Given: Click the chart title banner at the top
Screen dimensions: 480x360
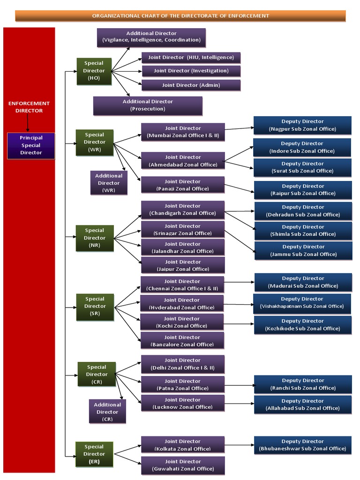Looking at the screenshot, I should click(180, 16).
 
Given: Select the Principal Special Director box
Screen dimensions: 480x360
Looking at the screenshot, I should click(31, 145).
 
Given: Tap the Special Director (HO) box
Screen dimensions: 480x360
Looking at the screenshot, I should click(94, 71).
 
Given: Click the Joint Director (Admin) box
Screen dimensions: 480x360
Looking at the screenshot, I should click(191, 85).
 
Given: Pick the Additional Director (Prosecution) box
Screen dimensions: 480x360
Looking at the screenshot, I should click(148, 105).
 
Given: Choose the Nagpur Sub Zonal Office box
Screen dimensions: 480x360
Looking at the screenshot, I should click(302, 125).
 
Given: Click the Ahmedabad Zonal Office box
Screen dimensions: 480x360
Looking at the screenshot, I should click(183, 161).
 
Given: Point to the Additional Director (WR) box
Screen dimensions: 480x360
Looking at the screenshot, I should click(109, 183).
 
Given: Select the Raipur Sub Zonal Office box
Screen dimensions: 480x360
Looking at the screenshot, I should click(303, 190).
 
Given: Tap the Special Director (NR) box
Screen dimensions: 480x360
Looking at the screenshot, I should click(95, 238).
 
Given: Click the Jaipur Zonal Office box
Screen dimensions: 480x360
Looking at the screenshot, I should click(183, 265).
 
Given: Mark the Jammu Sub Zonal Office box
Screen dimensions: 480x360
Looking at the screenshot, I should click(303, 250).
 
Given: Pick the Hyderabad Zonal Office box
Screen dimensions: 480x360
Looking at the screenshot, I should click(182, 304).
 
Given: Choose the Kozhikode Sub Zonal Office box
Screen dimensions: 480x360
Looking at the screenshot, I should click(303, 325).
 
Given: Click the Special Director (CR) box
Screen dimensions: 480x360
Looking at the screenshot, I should click(97, 375).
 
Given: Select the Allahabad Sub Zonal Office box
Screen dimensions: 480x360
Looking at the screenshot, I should click(303, 405).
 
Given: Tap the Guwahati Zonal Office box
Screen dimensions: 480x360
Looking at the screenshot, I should click(183, 465).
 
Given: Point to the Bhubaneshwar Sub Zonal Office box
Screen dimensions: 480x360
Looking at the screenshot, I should click(302, 445).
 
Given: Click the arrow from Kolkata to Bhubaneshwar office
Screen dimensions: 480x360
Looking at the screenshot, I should click(239, 445).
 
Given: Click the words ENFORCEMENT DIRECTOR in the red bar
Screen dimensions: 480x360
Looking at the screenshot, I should click(29, 107).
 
